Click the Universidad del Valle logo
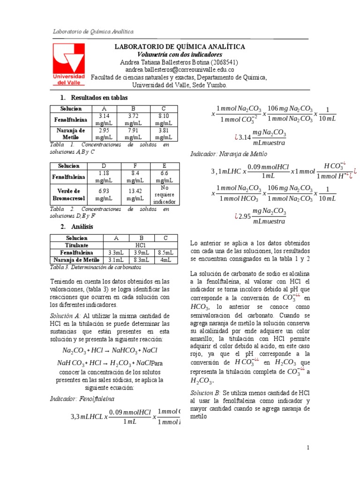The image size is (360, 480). pos(68,64)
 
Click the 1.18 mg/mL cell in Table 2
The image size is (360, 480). pos(103,176)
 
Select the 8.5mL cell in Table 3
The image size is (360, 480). pos(165,253)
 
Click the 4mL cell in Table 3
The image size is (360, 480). pos(165,260)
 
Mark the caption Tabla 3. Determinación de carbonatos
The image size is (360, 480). pos(95,267)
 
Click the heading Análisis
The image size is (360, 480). pos(82,227)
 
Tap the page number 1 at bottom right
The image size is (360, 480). pos(308,448)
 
